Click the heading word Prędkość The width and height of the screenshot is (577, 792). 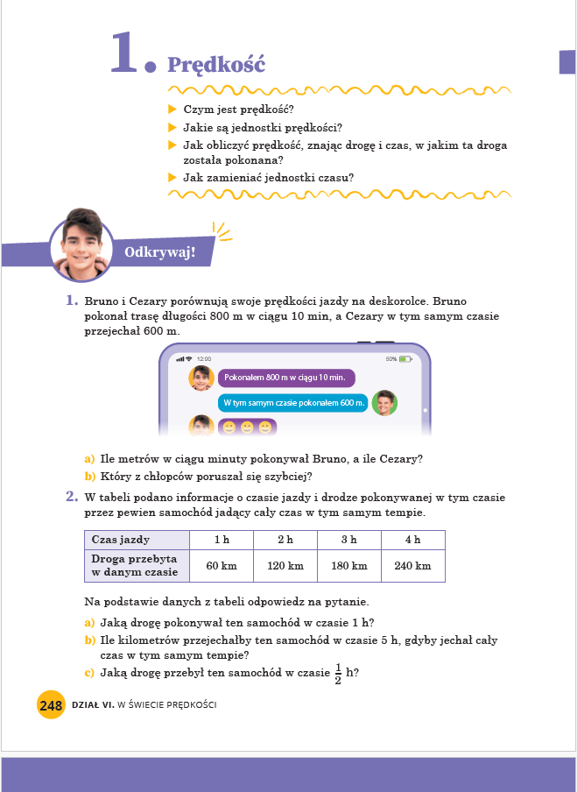coord(215,65)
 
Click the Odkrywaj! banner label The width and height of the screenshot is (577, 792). coord(159,254)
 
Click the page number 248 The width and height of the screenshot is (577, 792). coord(51,704)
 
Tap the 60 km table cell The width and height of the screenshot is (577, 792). coord(222,566)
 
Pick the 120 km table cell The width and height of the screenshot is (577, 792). coord(285,566)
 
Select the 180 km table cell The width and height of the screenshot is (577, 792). coord(349,566)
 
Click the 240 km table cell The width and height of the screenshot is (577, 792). coord(413,566)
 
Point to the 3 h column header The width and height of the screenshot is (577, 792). coord(349,540)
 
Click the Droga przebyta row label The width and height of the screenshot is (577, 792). coord(135,565)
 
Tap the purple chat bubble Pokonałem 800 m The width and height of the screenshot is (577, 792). coord(286,378)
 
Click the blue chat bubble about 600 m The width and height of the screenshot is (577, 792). coord(292,403)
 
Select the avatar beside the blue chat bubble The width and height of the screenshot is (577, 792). coord(384,403)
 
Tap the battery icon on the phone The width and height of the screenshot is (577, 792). coord(405,359)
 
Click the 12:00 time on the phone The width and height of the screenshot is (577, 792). coord(204,359)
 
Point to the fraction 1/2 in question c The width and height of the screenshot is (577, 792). coord(339,672)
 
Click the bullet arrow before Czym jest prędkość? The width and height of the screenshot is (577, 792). coord(172,110)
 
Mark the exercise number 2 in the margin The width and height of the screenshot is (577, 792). coord(73,497)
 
